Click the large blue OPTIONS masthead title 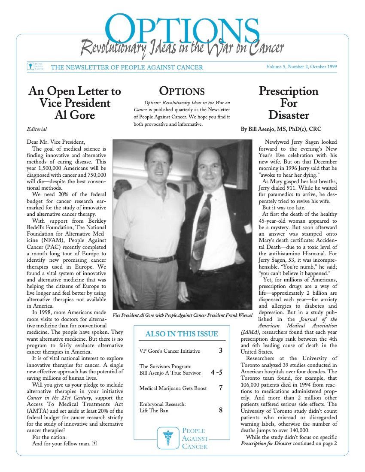pyautogui.click(x=182, y=29)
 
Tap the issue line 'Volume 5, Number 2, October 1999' pyautogui.click(x=301, y=67)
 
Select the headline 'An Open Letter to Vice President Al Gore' pyautogui.click(x=75, y=103)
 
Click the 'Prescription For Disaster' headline pyautogui.click(x=289, y=103)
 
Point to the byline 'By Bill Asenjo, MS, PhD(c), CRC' pyautogui.click(x=281, y=129)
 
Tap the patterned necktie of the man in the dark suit pyautogui.click(x=201, y=232)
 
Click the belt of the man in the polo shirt pyautogui.click(x=150, y=257)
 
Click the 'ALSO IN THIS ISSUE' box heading pyautogui.click(x=182, y=334)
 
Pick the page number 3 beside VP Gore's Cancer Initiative pyautogui.click(x=220, y=351)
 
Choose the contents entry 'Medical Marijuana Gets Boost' pyautogui.click(x=173, y=388)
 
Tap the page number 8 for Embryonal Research pyautogui.click(x=220, y=410)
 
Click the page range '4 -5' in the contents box pyautogui.click(x=216, y=372)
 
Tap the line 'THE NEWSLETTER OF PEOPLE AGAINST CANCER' pyautogui.click(x=127, y=67)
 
